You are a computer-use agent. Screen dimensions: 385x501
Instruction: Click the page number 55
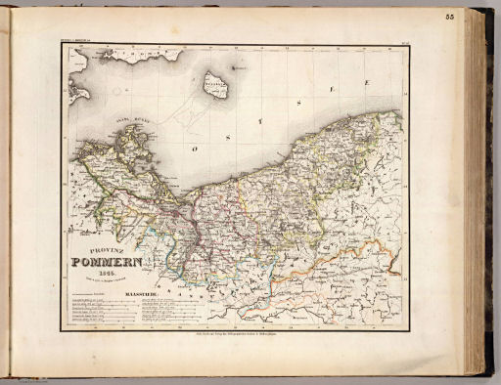coord(477,17)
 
